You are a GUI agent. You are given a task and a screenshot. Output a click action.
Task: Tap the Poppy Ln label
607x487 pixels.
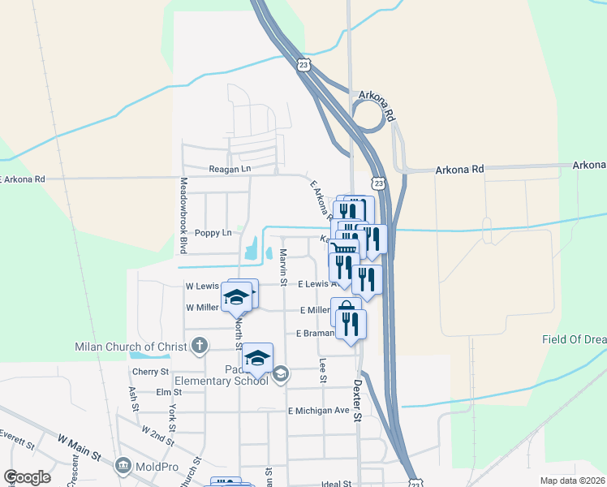pyautogui.click(x=213, y=233)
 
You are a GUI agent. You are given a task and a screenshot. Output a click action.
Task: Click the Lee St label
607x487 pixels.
pyautogui.click(x=323, y=370)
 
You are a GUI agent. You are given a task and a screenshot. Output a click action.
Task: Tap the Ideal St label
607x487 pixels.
pyautogui.click(x=335, y=484)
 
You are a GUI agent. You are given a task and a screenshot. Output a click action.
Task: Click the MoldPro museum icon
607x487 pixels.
pyautogui.click(x=123, y=466)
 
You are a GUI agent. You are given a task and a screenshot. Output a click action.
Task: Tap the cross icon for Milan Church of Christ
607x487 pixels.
pyautogui.click(x=199, y=347)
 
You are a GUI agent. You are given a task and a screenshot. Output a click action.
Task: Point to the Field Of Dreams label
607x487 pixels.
pyautogui.click(x=574, y=339)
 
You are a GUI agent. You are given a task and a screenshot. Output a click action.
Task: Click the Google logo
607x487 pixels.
pyautogui.click(x=27, y=477)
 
